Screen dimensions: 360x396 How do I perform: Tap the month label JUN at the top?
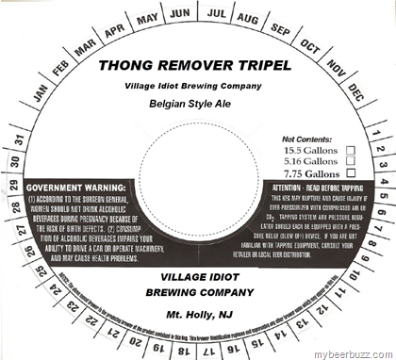pyautogui.click(x=181, y=16)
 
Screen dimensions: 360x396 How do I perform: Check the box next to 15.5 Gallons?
pyautogui.click(x=352, y=150)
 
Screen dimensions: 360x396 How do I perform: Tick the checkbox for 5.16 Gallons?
pyautogui.click(x=352, y=161)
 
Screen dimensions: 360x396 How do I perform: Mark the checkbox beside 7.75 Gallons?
pyautogui.click(x=352, y=173)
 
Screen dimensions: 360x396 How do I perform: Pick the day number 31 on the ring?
pyautogui.click(x=20, y=141)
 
